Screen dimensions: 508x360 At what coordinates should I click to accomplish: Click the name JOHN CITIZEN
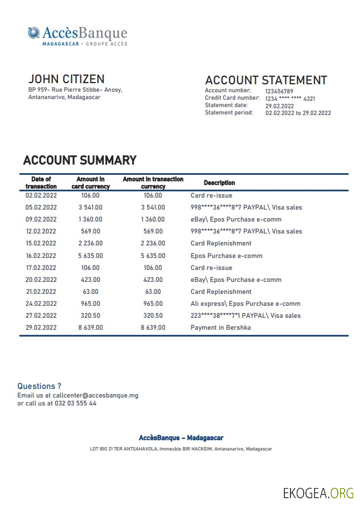coord(66,79)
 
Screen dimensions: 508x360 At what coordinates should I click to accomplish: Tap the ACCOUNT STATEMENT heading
coord(265,80)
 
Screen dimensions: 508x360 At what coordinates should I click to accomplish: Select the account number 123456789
coord(279,91)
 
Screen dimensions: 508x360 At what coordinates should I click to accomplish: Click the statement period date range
coord(298,113)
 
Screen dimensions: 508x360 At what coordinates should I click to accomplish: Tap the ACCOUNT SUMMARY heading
coord(80,160)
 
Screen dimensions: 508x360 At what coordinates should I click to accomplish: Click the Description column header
coord(219,183)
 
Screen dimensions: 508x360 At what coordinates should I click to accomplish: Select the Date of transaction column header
coord(41,183)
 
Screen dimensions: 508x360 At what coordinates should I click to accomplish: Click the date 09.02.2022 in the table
coord(41,219)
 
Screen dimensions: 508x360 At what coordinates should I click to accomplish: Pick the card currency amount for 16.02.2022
coord(90,256)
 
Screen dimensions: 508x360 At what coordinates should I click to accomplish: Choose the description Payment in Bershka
coord(220,327)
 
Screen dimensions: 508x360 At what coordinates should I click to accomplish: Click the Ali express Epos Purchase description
coord(246,304)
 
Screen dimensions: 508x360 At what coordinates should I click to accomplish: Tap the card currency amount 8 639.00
coord(90,327)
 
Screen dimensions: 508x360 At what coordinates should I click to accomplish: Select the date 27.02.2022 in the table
coord(41,316)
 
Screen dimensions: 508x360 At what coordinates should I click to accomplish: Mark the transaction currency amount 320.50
coord(153,316)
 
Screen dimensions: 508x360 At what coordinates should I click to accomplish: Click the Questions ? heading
coord(39,386)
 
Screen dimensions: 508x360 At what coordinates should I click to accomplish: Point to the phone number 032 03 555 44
coord(75,403)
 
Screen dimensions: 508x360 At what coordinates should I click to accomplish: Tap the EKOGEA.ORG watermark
coord(318,493)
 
